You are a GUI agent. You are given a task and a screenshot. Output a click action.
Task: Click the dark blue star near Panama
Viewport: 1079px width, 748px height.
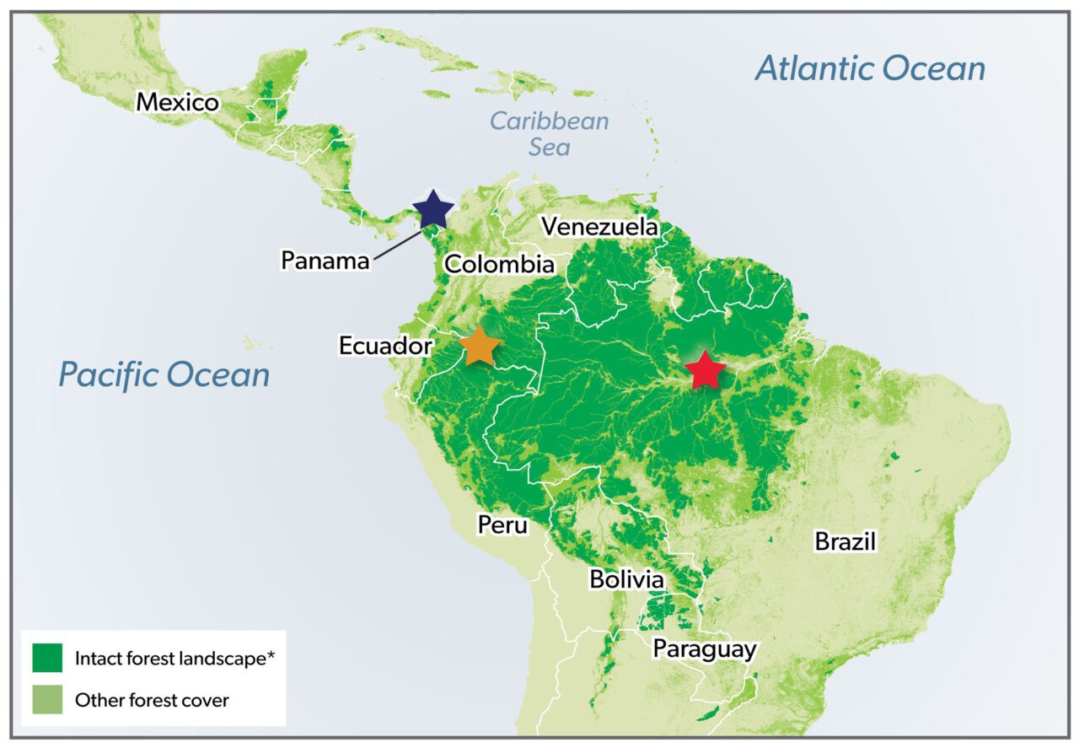(432, 209)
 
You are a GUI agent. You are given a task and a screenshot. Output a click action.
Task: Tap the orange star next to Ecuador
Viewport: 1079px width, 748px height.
(479, 346)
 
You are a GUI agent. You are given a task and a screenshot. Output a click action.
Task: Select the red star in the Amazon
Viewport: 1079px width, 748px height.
(705, 369)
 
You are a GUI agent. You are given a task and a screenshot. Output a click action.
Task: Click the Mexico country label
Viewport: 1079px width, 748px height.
(178, 103)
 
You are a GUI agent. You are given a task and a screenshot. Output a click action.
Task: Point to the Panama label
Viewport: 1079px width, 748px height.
(325, 260)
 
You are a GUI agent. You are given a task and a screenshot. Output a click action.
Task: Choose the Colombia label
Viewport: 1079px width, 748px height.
(499, 264)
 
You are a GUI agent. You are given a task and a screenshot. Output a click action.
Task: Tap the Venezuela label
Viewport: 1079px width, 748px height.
(599, 227)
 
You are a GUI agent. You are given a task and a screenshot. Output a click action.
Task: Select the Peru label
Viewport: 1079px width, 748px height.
(502, 525)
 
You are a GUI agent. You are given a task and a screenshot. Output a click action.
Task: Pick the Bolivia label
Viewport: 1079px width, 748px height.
(626, 580)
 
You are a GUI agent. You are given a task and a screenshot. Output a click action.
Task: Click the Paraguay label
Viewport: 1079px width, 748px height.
(705, 649)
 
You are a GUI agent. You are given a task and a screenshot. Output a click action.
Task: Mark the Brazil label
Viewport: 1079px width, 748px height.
(845, 541)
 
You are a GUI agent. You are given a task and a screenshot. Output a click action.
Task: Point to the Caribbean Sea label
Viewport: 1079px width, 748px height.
(550, 133)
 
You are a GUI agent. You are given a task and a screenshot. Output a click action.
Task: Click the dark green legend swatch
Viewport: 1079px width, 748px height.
(47, 658)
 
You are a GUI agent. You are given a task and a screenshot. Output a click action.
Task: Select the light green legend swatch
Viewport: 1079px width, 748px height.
(47, 699)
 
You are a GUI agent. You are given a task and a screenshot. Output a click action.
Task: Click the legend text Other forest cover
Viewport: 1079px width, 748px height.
(152, 700)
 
